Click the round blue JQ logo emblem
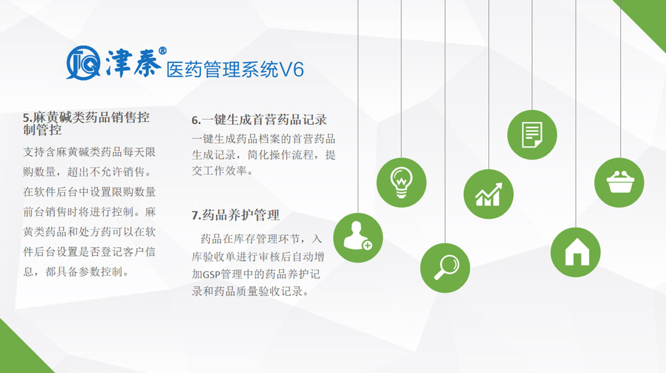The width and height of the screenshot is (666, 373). tap(83, 63)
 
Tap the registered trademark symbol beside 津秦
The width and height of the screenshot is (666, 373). tap(162, 51)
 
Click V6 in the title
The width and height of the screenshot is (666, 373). tap(291, 70)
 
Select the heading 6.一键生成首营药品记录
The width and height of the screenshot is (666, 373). tap(259, 120)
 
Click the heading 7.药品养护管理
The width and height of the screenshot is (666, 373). tap(235, 216)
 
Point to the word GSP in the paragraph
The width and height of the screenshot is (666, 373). tap(212, 275)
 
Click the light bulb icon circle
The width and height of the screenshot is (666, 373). tap(401, 183)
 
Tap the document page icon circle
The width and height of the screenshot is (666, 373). tap(532, 135)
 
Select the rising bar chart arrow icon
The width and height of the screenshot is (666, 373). tap(488, 194)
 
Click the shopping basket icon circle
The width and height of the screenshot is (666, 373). tap(619, 183)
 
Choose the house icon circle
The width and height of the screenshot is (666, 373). tap(576, 253)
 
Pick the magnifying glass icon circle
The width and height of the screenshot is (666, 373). tap(445, 268)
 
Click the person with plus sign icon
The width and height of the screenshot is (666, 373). tap(358, 236)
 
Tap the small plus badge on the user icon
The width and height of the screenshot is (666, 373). tap(367, 245)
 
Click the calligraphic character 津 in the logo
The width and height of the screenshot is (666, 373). tap(117, 63)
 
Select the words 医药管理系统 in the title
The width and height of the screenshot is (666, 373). tap(222, 70)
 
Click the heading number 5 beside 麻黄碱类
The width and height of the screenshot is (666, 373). tap(26, 118)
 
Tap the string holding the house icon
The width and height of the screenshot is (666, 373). tap(576, 114)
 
